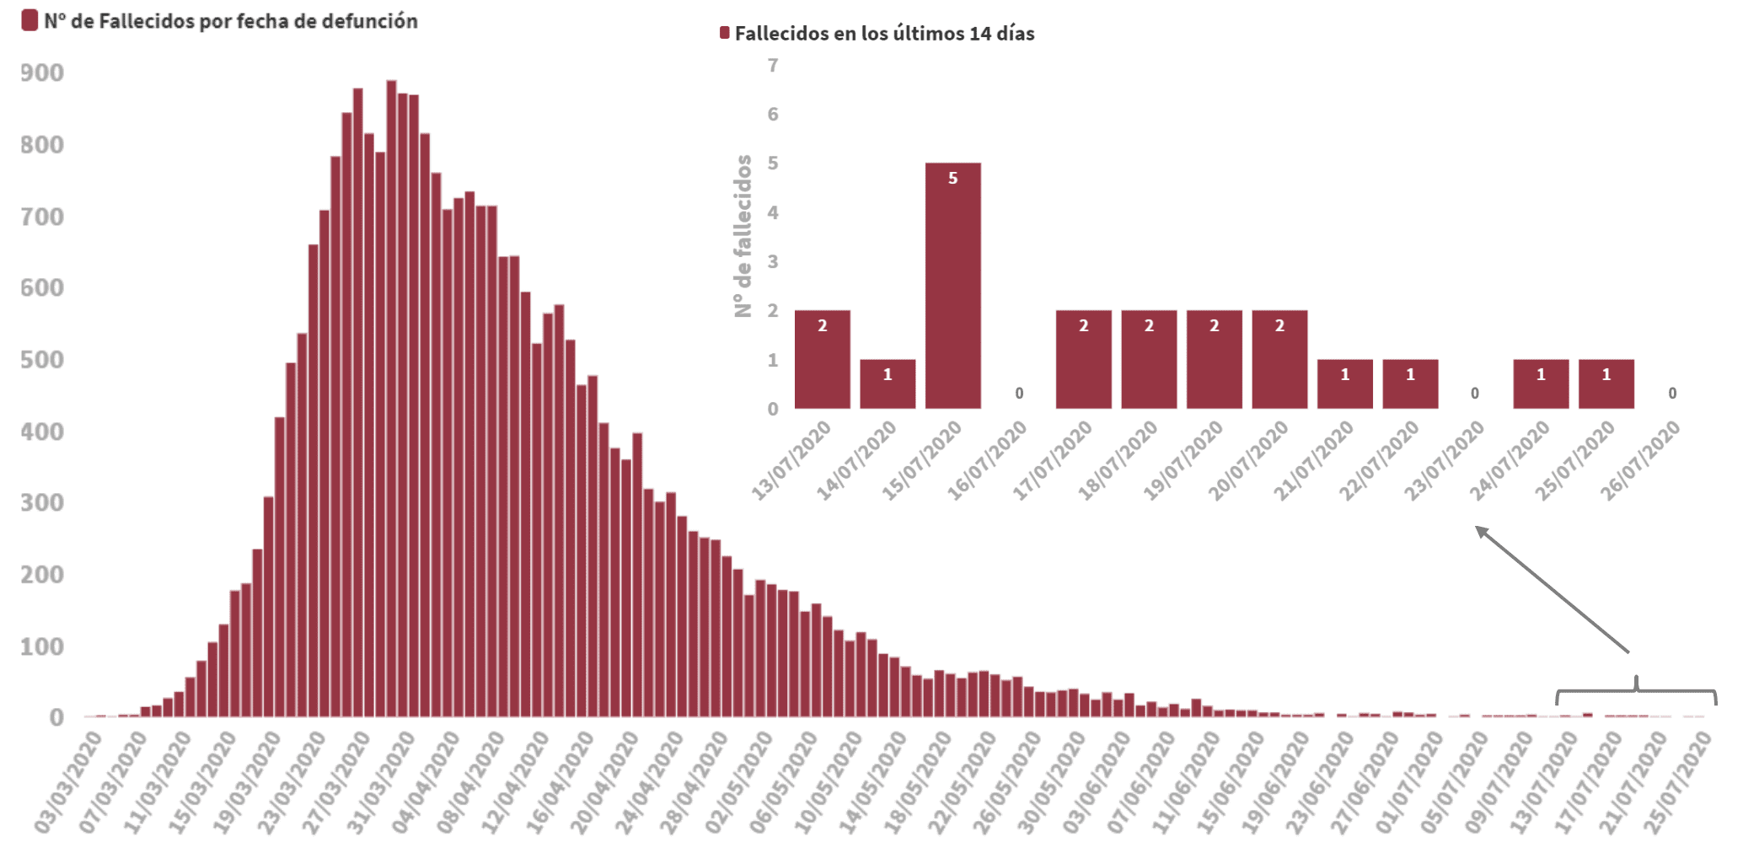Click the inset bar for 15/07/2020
(952, 286)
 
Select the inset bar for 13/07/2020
(822, 360)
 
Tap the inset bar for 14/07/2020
(888, 384)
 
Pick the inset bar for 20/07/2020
(1279, 360)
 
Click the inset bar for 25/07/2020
(1606, 384)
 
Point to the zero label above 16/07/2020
(1019, 393)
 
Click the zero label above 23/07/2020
(1475, 393)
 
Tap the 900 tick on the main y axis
(42, 73)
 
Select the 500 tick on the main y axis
(42, 360)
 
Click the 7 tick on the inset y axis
(773, 66)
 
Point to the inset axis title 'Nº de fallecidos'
(743, 236)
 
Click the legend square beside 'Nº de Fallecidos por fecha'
(29, 20)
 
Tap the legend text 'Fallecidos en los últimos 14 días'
(884, 34)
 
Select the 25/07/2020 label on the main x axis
(1679, 781)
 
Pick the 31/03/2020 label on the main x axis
(382, 781)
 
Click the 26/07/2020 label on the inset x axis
(1640, 460)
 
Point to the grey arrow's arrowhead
(1480, 531)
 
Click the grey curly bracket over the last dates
(1636, 692)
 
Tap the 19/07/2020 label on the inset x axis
(1183, 460)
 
